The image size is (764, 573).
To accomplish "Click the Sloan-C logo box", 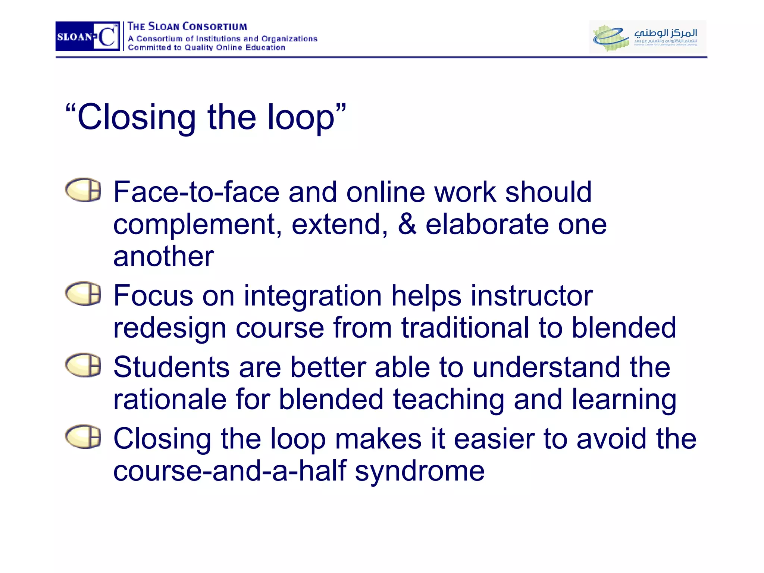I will (88, 36).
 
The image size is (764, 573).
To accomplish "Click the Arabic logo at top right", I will (648, 37).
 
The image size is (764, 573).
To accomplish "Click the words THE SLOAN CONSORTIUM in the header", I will (187, 27).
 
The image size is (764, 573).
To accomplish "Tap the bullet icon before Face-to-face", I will (83, 190).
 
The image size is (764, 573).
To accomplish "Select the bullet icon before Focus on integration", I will (83, 294).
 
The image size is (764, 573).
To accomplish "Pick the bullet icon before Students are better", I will (83, 365).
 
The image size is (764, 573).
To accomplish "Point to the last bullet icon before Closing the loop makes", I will (83, 436).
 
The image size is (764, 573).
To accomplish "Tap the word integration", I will (313, 296).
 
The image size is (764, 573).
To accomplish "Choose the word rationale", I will (170, 400).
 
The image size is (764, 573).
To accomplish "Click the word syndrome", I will (420, 471).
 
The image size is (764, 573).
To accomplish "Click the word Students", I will (171, 367).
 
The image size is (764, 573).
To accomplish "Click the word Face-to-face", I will (196, 192).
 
